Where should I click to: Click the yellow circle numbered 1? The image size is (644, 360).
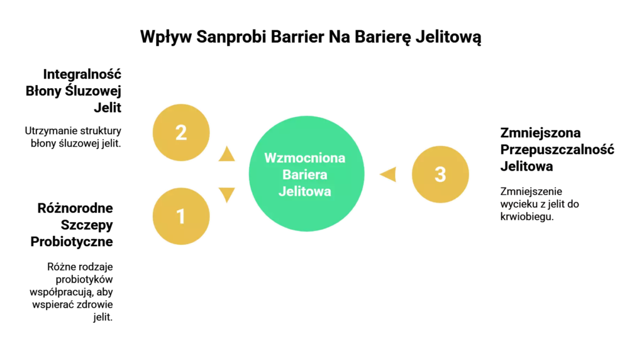pos(181,216)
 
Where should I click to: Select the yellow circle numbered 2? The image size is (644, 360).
pos(181,133)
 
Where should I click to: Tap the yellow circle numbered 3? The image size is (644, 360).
pos(440,174)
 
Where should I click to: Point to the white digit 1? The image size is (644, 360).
pos(181,216)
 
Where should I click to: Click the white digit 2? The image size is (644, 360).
pos(181,133)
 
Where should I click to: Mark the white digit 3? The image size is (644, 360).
pos(440,174)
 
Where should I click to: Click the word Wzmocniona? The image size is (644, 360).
pos(305,157)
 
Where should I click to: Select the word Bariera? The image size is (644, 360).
pos(305,174)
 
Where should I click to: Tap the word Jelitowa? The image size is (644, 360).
pos(305,191)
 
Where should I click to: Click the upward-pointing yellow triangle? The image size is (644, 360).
pos(226,154)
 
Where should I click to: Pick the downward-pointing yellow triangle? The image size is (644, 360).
pos(226,194)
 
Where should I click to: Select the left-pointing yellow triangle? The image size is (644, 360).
pos(389,174)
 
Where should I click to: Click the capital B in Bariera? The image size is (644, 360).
pos(287,174)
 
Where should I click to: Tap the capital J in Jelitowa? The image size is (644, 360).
pos(282,191)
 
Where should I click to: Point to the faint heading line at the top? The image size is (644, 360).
pos(387,39)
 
